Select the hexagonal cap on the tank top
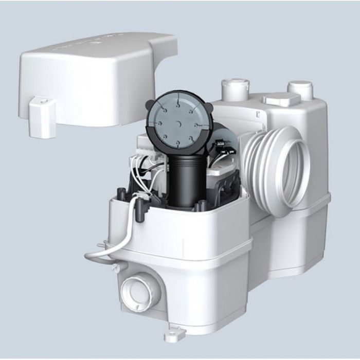(281, 99)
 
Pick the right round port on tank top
(300, 89)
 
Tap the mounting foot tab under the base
(171, 336)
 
